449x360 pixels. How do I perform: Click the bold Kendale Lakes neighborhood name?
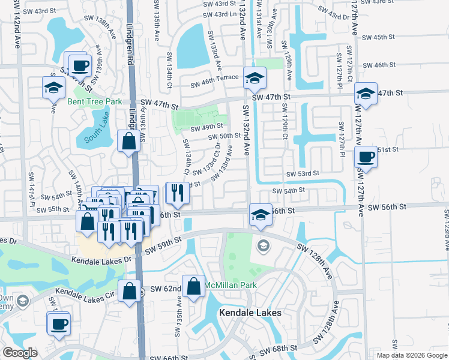[250, 313]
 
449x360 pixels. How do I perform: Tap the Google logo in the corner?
[19, 353]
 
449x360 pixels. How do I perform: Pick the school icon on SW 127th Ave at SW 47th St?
[366, 94]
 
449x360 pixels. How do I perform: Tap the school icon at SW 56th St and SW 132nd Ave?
[261, 215]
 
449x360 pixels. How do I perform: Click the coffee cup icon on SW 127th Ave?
[366, 158]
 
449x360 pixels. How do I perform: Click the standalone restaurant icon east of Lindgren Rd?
[177, 191]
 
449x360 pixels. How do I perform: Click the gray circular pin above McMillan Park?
[263, 245]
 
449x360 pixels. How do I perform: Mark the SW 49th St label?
[206, 127]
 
